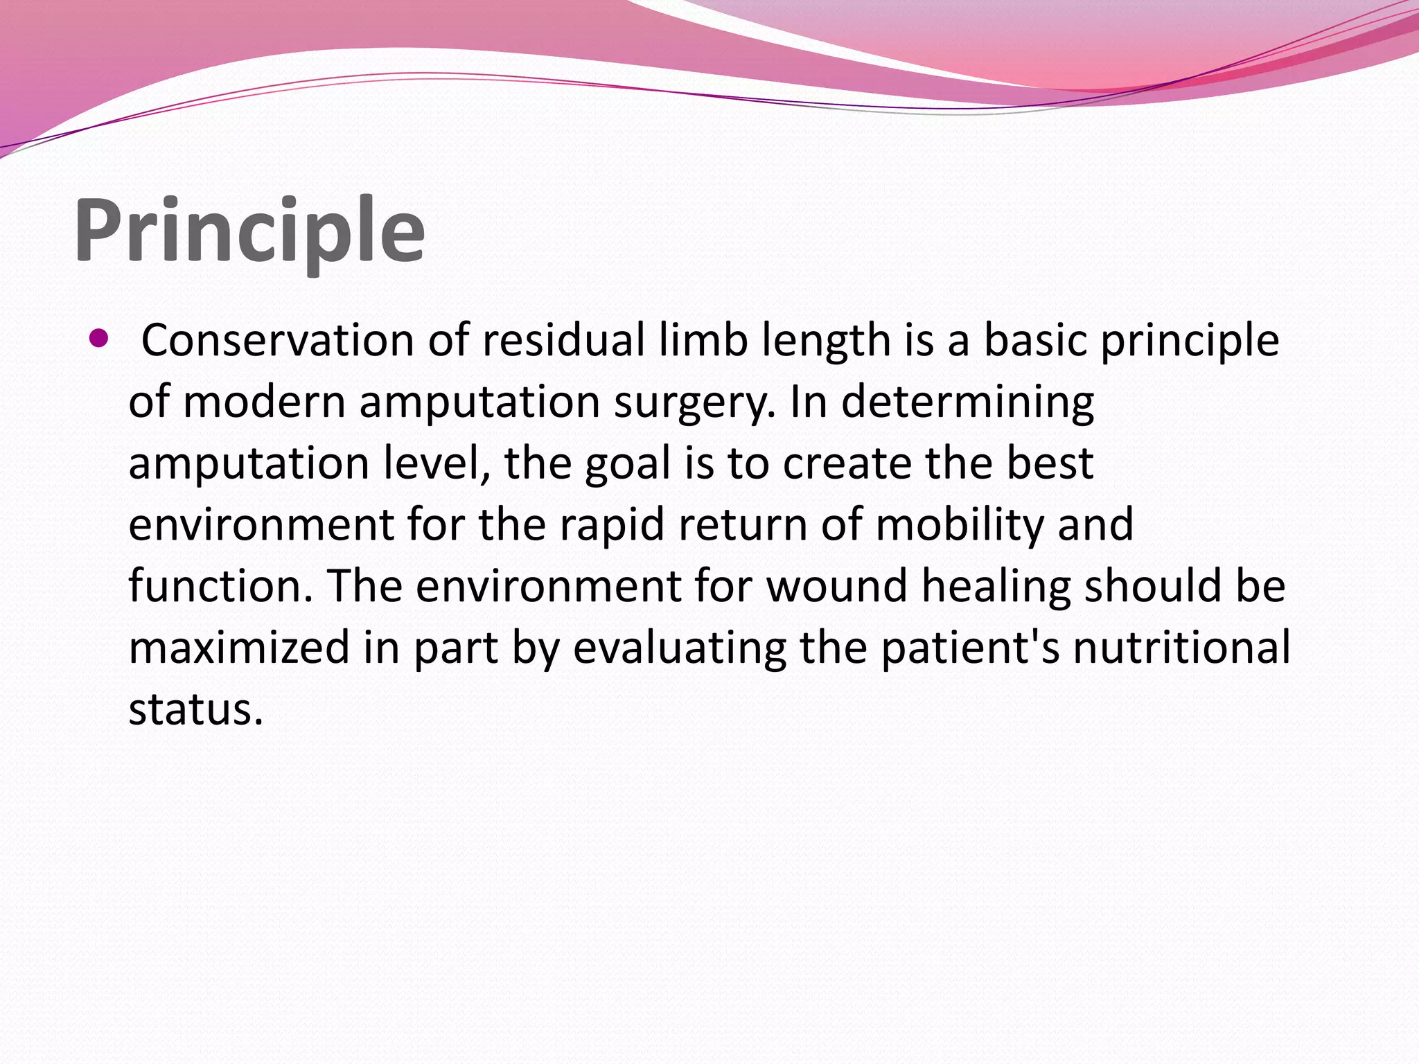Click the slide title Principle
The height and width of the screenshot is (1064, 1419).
249,232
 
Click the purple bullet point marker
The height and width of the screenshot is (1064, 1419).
99,339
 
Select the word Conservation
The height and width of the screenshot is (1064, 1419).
277,340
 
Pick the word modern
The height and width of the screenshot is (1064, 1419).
264,402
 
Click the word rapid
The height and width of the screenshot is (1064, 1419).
612,525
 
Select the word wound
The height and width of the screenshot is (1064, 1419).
836,586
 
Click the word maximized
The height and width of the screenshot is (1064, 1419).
239,648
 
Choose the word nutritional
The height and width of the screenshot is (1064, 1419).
1181,648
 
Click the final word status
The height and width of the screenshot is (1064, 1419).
195,709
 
